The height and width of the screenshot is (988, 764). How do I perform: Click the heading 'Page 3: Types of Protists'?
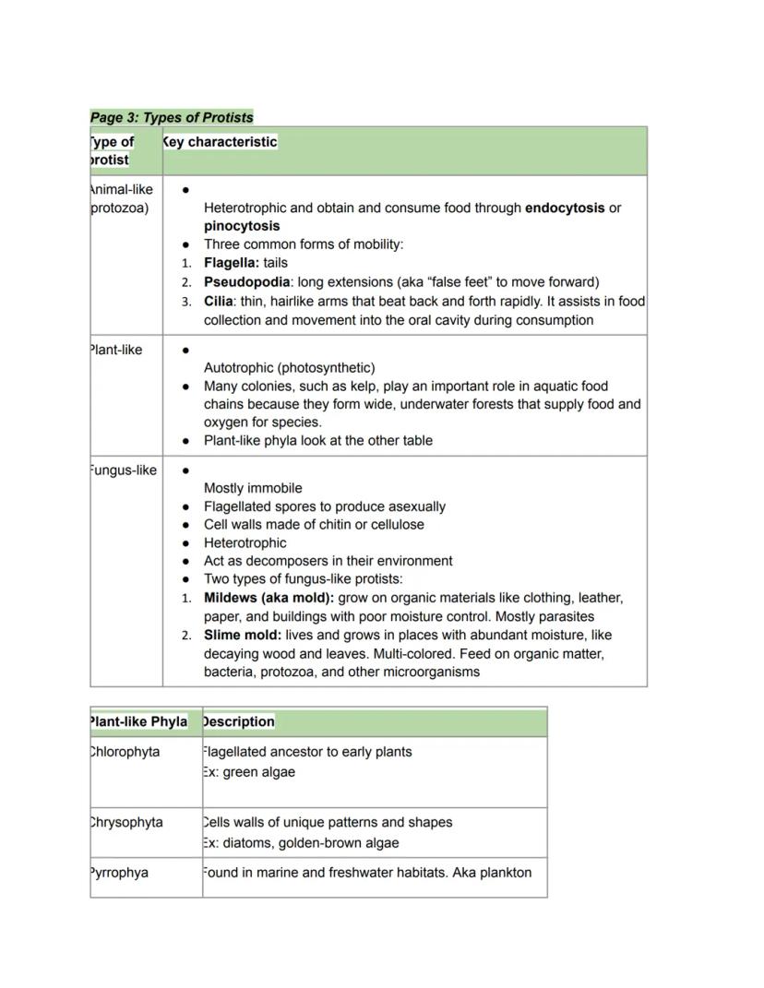coord(172,117)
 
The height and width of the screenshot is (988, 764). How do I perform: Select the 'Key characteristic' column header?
coord(220,142)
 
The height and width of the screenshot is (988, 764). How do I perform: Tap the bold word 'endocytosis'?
coord(565,208)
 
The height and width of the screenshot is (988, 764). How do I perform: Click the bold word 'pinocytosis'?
coord(242,226)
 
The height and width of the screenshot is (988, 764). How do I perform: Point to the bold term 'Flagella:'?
coord(232,263)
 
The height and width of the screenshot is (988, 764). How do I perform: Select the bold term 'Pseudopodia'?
coord(246,282)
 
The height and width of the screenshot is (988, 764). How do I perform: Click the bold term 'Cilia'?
coord(218,302)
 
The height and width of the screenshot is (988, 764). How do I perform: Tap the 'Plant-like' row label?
coord(116,351)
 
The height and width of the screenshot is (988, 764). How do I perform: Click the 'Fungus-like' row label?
coord(123,470)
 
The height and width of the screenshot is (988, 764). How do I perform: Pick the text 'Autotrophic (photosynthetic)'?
coord(289,368)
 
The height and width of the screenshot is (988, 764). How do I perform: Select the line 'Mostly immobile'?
coord(253,488)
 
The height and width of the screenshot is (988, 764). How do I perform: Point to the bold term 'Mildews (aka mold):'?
coord(269,598)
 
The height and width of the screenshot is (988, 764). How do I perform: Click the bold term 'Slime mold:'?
coord(242,636)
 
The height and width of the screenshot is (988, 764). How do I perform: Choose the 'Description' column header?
coord(238,721)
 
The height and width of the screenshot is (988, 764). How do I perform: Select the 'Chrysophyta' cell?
coord(126,822)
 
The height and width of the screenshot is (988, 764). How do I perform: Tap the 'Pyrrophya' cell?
coord(119,873)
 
